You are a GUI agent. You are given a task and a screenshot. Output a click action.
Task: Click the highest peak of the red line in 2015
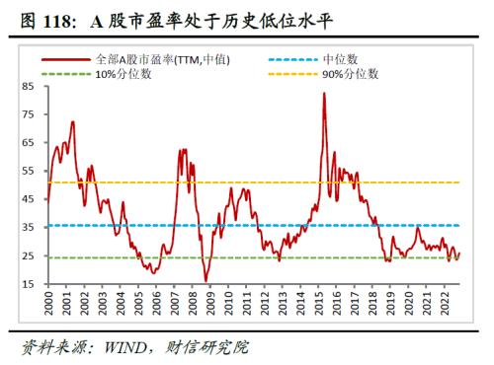tap(324, 93)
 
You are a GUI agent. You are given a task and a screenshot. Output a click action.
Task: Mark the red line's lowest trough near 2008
tap(206, 281)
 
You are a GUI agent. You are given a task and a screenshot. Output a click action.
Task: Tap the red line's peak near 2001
tap(72, 121)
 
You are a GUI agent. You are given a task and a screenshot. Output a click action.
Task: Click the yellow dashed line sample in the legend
tap(294, 73)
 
